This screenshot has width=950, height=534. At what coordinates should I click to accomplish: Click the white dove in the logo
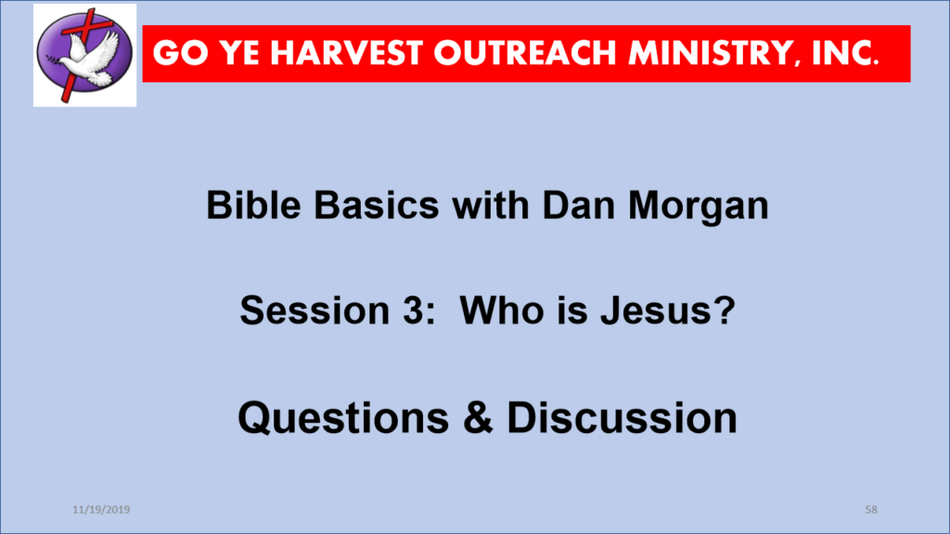tap(91, 57)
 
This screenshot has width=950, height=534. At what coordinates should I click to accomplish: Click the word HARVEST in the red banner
tap(346, 53)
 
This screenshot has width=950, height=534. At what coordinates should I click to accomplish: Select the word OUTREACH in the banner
tap(526, 53)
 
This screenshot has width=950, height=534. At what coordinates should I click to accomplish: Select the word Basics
tap(377, 205)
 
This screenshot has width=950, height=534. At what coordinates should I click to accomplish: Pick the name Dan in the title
tap(578, 205)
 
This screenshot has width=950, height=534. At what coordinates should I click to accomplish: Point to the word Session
tap(315, 310)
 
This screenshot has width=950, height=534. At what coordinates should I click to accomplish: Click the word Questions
tap(343, 418)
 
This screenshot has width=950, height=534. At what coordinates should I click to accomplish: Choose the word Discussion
tap(622, 418)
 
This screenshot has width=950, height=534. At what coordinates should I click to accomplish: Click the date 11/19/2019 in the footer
tap(101, 510)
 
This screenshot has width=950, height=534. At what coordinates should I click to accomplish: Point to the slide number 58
tap(871, 510)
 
